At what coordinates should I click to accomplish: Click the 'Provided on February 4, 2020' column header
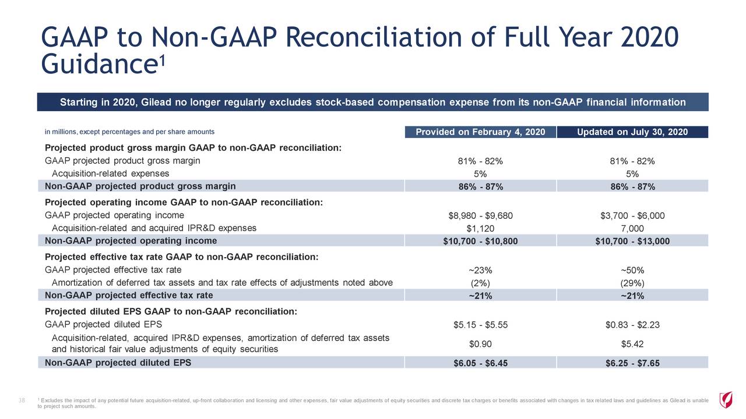(x=480, y=132)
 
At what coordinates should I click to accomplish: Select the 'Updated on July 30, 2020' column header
(x=632, y=132)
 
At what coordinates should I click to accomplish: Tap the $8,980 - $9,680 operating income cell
(x=480, y=216)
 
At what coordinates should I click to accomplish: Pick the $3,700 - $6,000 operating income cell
(x=632, y=216)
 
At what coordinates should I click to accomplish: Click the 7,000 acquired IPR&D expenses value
(x=632, y=229)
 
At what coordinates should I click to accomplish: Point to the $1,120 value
(x=480, y=229)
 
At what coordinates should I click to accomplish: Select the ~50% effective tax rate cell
(x=632, y=270)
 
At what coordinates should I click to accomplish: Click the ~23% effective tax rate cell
(x=480, y=270)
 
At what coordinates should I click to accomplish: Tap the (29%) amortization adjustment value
(x=632, y=283)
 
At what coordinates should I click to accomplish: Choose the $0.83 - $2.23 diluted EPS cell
(x=632, y=325)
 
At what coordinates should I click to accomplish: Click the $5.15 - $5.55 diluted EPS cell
(x=480, y=325)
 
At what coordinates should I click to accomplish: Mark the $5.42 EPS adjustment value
(x=632, y=343)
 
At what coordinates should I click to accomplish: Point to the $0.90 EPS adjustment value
(x=480, y=343)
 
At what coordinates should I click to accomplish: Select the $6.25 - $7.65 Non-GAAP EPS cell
(x=632, y=363)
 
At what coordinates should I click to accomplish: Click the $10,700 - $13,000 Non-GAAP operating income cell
(x=632, y=242)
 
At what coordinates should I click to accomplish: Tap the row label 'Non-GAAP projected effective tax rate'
(x=129, y=295)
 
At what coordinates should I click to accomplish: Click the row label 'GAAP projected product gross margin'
(x=122, y=161)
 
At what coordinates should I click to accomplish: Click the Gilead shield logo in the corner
(x=726, y=400)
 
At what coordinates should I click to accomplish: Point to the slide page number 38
(x=22, y=399)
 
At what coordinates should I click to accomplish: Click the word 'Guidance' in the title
(x=97, y=64)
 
